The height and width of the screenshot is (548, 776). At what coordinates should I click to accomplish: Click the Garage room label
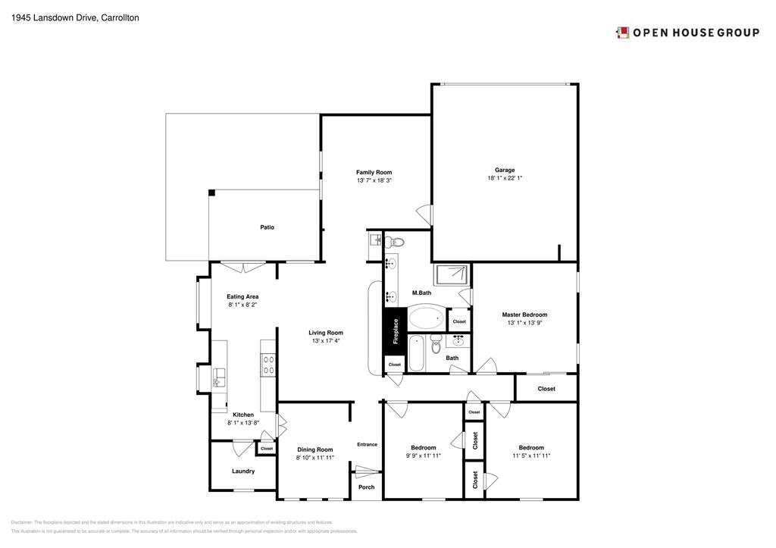(x=505, y=170)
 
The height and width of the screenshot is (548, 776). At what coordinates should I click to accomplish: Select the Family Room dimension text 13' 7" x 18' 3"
(x=374, y=181)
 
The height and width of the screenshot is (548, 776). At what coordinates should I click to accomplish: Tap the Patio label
(x=267, y=227)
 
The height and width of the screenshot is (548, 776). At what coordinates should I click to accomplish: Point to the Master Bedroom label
(x=524, y=315)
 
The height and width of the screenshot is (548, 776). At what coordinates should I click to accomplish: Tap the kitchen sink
(x=219, y=377)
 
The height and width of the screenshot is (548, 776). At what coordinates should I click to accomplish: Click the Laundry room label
(x=243, y=471)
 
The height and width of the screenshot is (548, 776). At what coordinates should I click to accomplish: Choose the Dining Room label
(x=314, y=449)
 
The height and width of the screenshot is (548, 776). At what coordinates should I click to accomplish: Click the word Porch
(x=366, y=487)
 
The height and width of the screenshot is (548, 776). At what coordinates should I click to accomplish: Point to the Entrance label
(x=367, y=444)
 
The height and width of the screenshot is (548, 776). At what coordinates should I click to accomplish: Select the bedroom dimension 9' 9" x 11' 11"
(x=423, y=456)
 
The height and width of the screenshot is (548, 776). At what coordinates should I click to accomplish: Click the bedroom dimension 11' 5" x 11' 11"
(x=530, y=456)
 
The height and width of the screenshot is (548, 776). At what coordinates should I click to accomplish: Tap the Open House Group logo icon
(x=622, y=33)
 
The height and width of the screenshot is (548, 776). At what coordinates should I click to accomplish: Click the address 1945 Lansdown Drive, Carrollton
(x=64, y=17)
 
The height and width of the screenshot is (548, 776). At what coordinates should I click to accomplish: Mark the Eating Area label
(x=242, y=296)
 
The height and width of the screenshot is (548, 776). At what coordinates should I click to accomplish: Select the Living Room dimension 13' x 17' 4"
(x=326, y=341)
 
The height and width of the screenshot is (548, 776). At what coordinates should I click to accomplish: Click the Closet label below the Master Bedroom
(x=546, y=389)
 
